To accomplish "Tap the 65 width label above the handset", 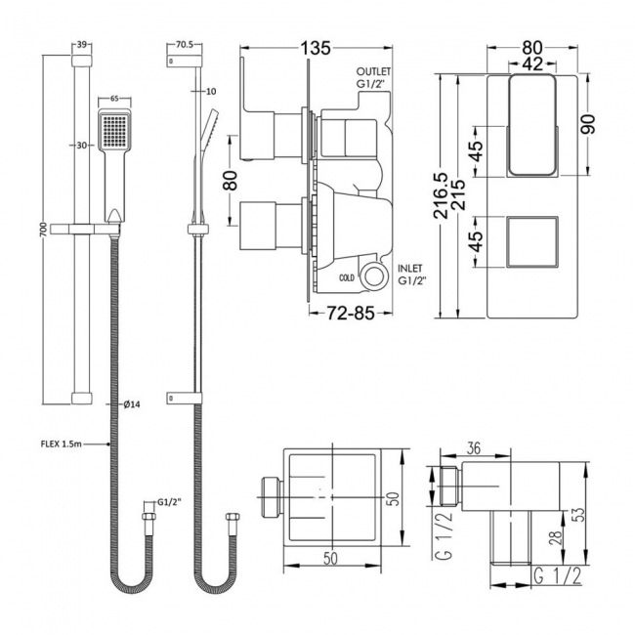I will click(x=114, y=99).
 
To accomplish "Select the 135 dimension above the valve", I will click(x=313, y=46).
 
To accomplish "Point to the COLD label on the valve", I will click(x=346, y=277).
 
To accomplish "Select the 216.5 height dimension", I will click(x=447, y=195).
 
